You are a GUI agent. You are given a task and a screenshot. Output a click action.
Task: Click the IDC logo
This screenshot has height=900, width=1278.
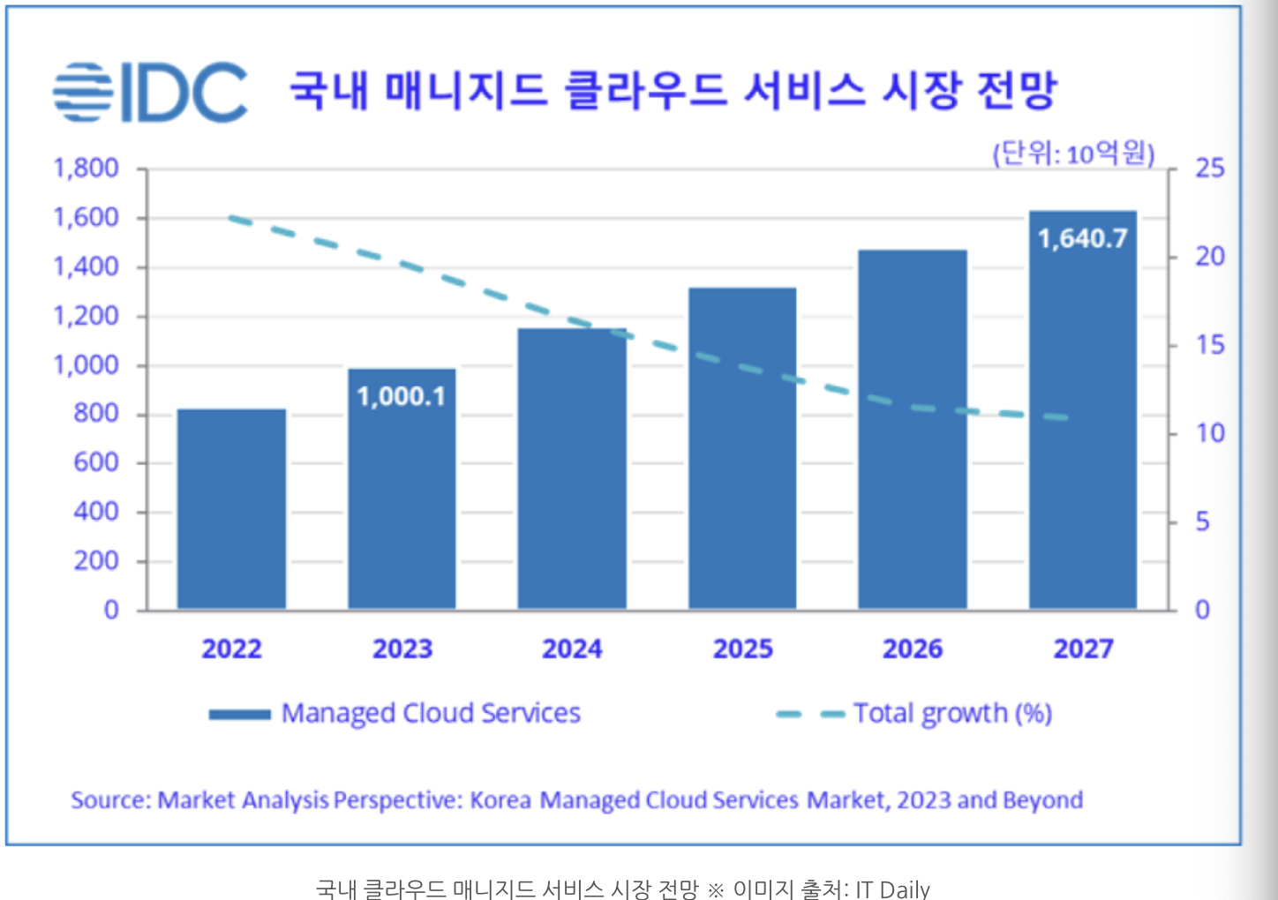150,92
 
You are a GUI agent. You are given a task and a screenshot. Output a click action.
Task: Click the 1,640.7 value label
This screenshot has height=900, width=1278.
1082,238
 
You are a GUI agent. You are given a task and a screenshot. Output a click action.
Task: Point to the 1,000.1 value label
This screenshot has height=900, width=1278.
402,396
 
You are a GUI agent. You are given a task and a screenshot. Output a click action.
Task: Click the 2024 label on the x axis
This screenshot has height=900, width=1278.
572,649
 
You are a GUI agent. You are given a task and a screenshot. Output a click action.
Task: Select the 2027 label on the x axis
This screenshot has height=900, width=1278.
1083,649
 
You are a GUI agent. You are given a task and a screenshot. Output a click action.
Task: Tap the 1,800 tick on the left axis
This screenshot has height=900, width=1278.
86,168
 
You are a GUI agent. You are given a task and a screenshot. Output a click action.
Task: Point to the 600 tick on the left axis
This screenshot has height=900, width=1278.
95,462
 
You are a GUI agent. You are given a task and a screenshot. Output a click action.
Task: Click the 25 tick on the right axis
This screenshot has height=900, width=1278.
1209,168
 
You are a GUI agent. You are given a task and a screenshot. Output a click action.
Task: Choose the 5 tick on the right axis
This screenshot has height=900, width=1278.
1202,521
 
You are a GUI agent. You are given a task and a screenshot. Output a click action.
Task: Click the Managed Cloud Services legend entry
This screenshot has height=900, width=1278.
430,713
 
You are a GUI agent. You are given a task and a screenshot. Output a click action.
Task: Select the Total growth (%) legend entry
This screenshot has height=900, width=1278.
951,713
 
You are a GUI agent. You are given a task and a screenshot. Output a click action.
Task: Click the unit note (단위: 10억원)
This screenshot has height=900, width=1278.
1073,154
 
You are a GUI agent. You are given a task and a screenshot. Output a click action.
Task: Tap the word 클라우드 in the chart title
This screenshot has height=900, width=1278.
645,90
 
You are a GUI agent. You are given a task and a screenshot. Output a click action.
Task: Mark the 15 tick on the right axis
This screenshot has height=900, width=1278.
1209,345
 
